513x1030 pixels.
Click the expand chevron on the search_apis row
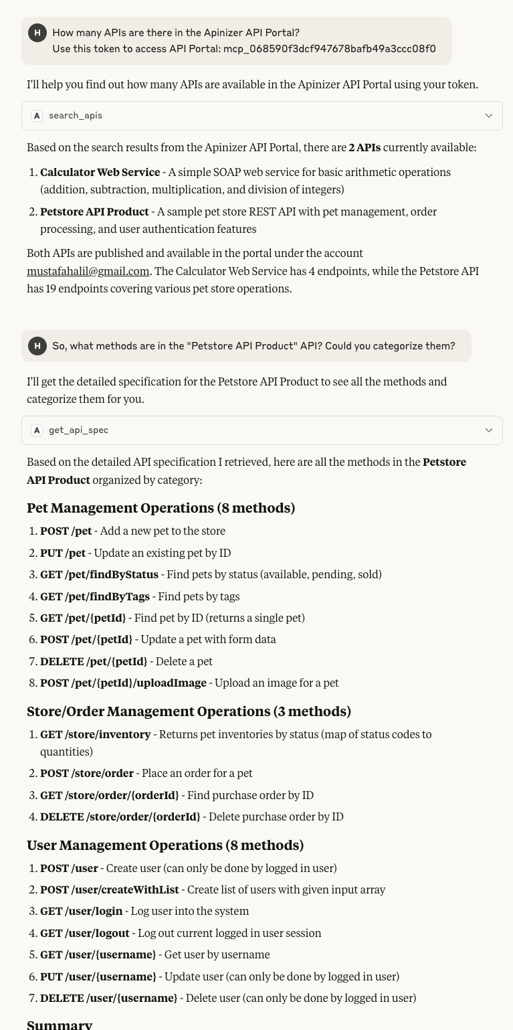click(489, 116)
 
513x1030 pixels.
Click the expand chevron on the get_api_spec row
click(489, 430)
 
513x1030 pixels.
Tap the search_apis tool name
click(76, 116)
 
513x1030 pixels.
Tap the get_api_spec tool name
click(78, 430)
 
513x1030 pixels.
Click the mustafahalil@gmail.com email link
click(88, 271)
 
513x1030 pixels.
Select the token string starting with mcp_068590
click(329, 49)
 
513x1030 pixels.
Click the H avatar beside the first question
click(37, 33)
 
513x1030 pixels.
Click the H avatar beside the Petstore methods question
click(37, 346)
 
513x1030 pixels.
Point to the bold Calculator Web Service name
click(100, 173)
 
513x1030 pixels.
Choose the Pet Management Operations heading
click(161, 508)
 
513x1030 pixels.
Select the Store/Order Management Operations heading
click(189, 711)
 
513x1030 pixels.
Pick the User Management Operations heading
click(165, 845)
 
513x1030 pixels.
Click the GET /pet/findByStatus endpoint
click(99, 574)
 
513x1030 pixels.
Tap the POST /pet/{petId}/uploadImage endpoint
click(123, 683)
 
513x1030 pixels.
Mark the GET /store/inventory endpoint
click(95, 734)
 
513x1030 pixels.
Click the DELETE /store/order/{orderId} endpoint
click(120, 817)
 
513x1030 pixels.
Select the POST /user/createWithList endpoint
click(110, 889)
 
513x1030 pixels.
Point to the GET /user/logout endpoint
click(85, 933)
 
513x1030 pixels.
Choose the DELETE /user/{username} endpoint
click(108, 998)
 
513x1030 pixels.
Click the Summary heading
click(60, 1025)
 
